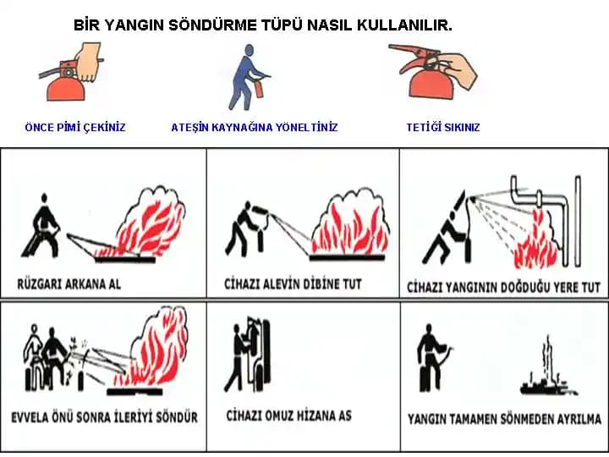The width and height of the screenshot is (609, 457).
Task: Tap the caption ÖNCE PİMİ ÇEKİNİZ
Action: point(75,128)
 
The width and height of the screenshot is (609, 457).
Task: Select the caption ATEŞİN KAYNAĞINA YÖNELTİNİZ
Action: point(254,128)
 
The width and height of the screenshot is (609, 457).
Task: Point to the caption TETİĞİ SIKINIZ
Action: point(442,128)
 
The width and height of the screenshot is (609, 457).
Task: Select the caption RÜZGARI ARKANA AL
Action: point(69,284)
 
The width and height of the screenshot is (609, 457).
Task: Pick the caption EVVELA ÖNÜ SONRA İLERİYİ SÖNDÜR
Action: point(104,417)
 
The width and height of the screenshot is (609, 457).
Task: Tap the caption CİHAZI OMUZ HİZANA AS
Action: point(288,416)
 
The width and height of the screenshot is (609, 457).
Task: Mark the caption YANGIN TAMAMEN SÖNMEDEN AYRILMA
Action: point(504,419)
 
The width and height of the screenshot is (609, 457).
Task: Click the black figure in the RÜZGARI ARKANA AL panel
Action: point(41,227)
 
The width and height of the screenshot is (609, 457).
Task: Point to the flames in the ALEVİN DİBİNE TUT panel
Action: point(346,224)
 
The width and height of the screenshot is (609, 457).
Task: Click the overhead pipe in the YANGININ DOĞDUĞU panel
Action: point(541,198)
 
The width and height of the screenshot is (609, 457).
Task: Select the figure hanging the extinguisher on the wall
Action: point(241,355)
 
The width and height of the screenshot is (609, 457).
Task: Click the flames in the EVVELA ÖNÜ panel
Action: point(156,351)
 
